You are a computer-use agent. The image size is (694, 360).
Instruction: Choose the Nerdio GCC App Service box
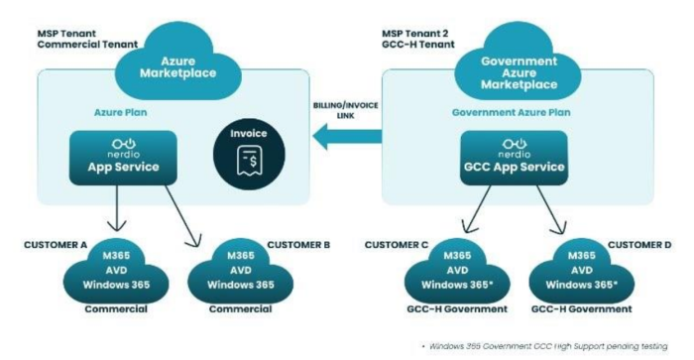pyautogui.click(x=516, y=158)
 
